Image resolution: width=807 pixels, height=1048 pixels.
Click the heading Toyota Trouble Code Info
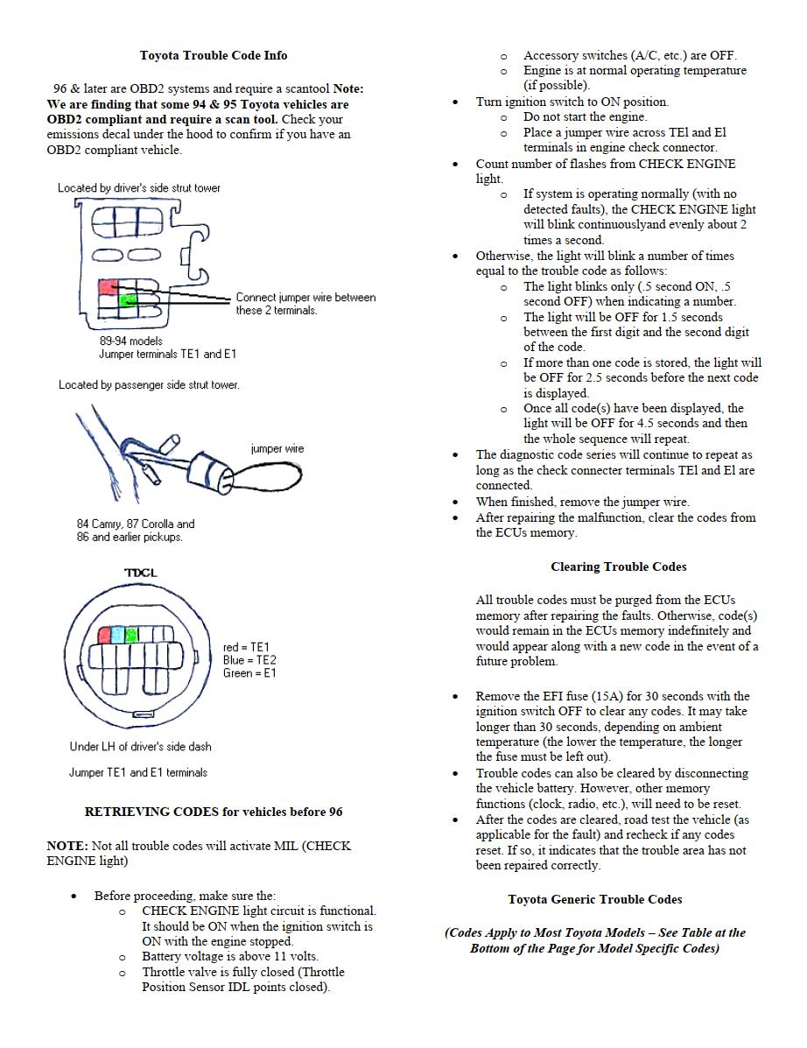(214, 55)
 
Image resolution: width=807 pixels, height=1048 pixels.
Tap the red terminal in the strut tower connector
(109, 286)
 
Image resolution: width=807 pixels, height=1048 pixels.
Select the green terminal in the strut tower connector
(128, 300)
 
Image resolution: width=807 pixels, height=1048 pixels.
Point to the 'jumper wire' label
(277, 449)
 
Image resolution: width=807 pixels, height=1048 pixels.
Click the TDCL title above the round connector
(140, 573)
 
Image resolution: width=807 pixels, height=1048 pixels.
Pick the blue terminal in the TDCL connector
(117, 635)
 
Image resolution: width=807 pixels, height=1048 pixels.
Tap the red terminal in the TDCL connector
(104, 635)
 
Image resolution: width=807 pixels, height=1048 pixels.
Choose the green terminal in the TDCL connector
(131, 635)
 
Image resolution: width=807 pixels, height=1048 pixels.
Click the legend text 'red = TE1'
(247, 647)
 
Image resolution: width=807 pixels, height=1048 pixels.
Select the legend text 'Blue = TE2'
(250, 660)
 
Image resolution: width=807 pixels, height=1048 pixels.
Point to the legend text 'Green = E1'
(250, 673)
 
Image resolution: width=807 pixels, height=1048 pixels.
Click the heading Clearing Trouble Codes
(619, 566)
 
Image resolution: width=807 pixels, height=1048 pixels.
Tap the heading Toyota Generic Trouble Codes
(595, 899)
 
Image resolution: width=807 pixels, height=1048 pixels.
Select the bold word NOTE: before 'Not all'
(67, 846)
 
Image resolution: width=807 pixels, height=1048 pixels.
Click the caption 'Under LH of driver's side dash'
(140, 747)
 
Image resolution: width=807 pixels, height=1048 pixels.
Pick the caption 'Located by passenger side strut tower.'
(149, 384)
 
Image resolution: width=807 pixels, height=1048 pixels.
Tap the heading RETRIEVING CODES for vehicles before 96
(214, 812)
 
